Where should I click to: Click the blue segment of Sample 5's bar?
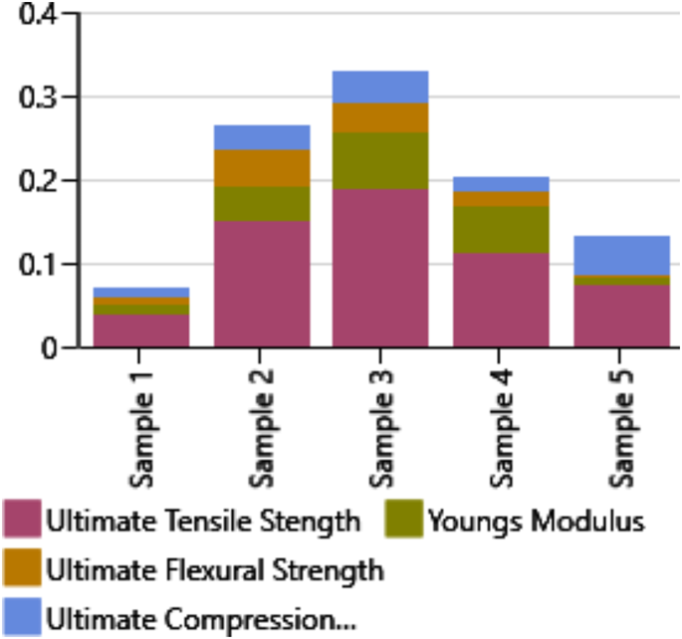click(621, 255)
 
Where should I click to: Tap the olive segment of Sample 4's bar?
click(501, 229)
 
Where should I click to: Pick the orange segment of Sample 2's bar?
click(261, 167)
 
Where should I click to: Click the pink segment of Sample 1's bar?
click(140, 330)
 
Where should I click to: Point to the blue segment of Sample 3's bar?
click(380, 87)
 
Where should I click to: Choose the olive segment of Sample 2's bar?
click(261, 203)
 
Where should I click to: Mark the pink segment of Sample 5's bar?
click(621, 316)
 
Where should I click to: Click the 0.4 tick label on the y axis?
click(37, 15)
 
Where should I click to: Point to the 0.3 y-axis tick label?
click(37, 98)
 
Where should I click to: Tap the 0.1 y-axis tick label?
click(37, 265)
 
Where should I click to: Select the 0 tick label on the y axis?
click(51, 347)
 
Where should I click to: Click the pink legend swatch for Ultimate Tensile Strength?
click(21, 520)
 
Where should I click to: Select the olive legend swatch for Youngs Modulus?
click(402, 520)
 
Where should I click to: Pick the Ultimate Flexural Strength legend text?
click(214, 570)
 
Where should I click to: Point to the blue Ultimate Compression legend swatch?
click(21, 617)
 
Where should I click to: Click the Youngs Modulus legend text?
click(536, 521)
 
